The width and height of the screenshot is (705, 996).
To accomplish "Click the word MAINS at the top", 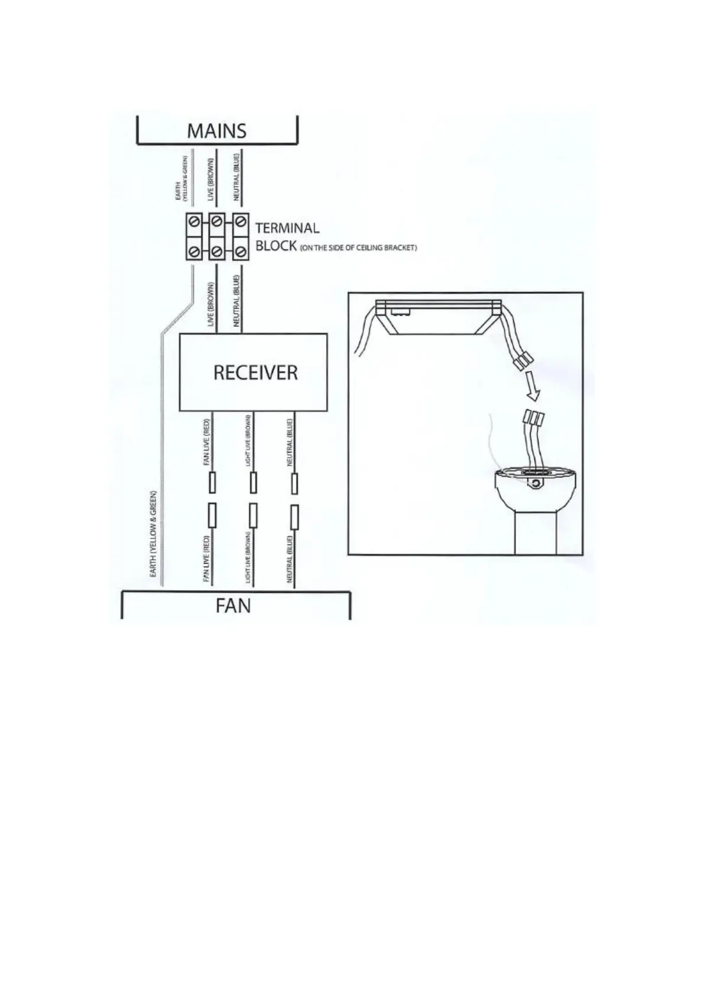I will (x=217, y=131).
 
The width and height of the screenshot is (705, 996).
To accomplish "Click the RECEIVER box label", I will (x=255, y=373).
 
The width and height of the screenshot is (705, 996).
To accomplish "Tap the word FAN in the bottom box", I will (x=233, y=606).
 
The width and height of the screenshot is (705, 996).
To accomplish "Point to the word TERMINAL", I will (x=287, y=228).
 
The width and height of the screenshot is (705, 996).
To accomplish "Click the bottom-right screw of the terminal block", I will (x=239, y=252).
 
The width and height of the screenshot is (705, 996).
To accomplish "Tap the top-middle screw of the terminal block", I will (x=217, y=222).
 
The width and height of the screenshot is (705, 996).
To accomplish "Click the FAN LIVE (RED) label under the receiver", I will (x=207, y=443).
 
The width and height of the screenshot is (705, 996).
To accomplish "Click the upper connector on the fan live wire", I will (x=212, y=483).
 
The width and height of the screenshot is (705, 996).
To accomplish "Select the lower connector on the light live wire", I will (x=253, y=516).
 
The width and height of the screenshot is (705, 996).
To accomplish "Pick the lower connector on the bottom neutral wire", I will (x=294, y=516).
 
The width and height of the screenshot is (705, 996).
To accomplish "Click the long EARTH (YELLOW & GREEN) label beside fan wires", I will (x=153, y=535).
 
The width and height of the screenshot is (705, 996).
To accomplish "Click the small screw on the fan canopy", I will (x=535, y=484).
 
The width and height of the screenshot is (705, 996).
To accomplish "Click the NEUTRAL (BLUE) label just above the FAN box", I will (x=289, y=558).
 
